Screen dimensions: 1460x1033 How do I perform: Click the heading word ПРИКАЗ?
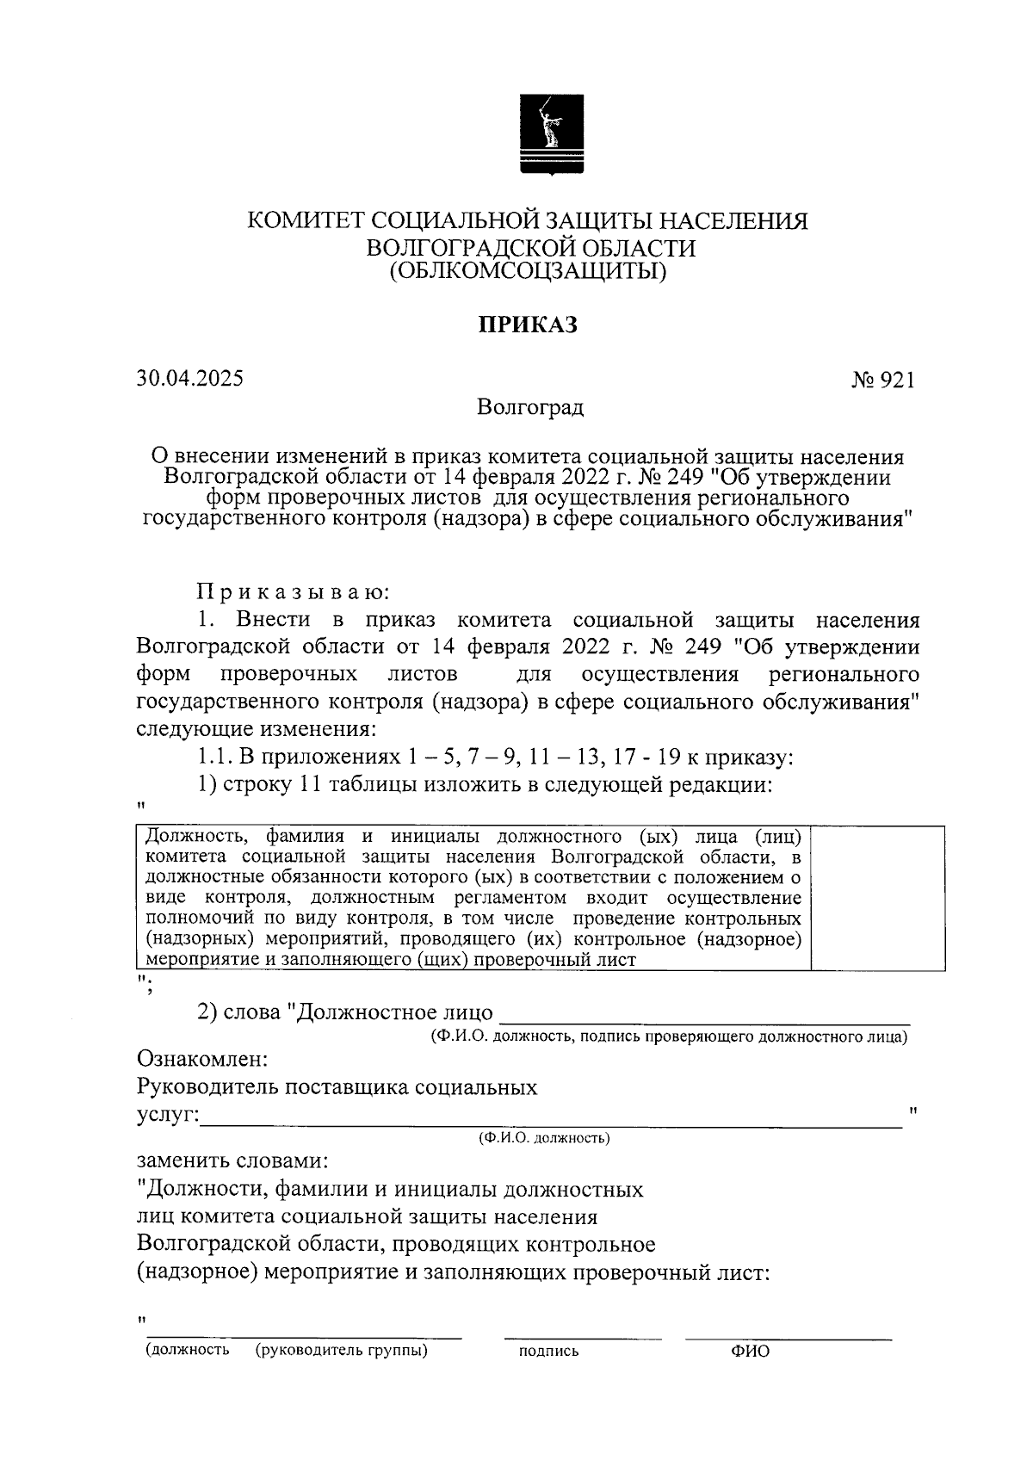tap(527, 325)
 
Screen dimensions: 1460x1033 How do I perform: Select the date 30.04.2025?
tap(189, 378)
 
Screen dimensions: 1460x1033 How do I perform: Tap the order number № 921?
tap(882, 380)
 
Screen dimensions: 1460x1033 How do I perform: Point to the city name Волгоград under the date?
tap(531, 407)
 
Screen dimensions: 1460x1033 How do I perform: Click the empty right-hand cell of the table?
tap(878, 898)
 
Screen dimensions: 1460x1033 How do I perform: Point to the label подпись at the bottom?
tap(548, 1352)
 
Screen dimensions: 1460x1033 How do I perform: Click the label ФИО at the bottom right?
tap(751, 1352)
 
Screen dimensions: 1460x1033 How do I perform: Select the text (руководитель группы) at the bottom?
tap(342, 1351)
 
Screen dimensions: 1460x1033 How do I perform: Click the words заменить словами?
tap(232, 1160)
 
